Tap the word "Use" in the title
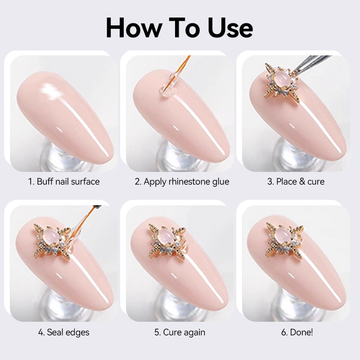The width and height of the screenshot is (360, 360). click(230, 28)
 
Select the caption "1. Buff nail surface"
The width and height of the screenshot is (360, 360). click(64, 182)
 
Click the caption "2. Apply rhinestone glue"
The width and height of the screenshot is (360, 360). click(182, 182)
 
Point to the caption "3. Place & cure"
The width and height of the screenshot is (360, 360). click(296, 182)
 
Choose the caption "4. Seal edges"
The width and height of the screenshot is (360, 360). click(64, 333)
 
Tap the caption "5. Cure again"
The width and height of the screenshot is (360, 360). click(180, 333)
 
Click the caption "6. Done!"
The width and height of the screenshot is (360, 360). click(297, 332)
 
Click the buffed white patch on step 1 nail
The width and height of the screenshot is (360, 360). click(51, 91)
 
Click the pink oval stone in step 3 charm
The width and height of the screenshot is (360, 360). click(282, 77)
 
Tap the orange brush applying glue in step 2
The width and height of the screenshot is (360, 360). click(181, 68)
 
